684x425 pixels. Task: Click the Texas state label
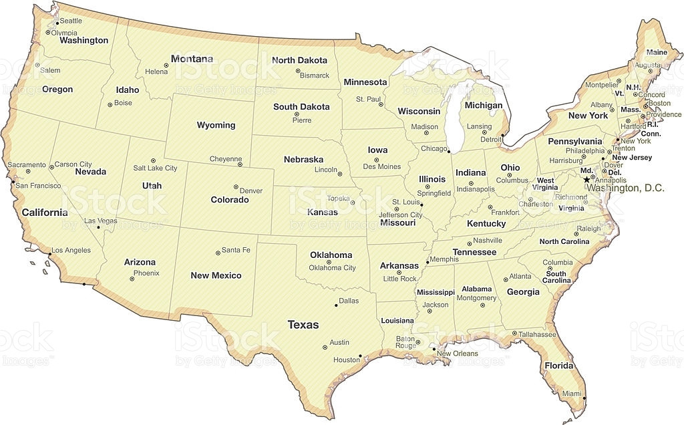point(303,325)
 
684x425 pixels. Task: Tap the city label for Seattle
point(71,21)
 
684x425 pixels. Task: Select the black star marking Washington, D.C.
point(586,180)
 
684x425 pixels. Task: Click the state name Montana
point(192,59)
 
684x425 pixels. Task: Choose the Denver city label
point(250,190)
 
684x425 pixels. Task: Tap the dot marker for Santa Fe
point(217,253)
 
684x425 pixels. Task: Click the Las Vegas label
point(101,221)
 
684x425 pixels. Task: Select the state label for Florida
point(558,366)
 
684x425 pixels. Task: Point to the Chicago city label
point(434,148)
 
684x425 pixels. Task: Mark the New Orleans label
point(458,353)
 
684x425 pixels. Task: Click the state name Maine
point(656,52)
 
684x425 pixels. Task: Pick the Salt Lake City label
point(155,168)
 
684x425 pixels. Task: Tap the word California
point(45,212)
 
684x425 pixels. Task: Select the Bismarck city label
point(315,76)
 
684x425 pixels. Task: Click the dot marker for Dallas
point(335,306)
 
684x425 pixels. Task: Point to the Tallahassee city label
point(538,334)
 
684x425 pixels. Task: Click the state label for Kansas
point(322,212)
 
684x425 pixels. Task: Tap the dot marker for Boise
point(110,104)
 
